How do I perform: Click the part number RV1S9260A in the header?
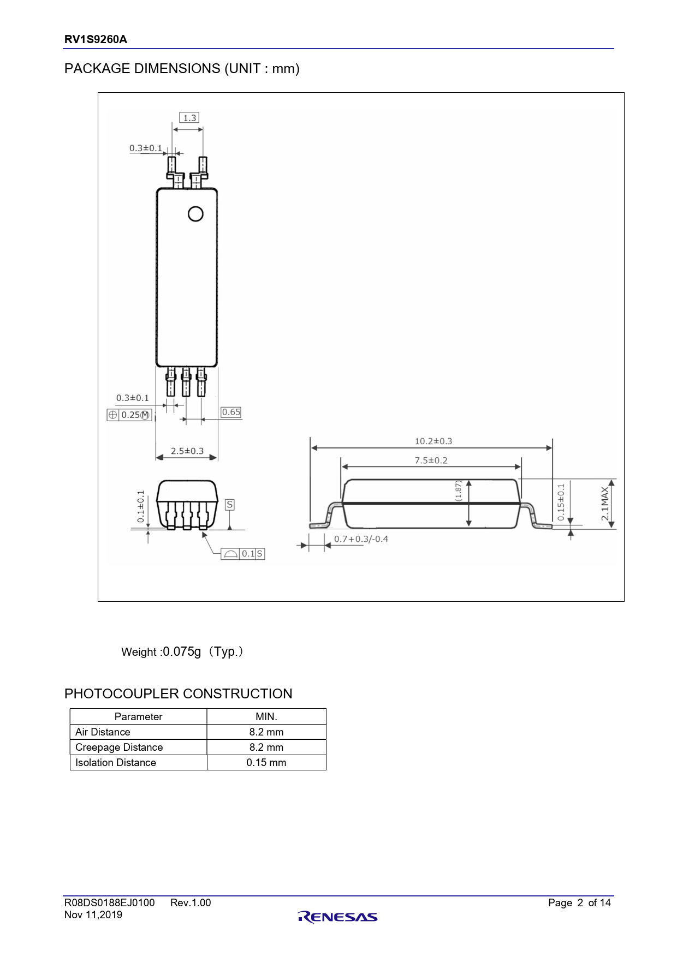pos(96,39)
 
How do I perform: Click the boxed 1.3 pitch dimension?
pos(189,118)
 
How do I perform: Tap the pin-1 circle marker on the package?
pos(195,214)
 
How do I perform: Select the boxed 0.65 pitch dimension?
pos(231,412)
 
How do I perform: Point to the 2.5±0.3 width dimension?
pos(187,451)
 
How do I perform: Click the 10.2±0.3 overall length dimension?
pos(433,441)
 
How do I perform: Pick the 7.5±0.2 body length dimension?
pos(431,460)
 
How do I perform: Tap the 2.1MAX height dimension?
pos(604,504)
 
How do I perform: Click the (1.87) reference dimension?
pos(459,491)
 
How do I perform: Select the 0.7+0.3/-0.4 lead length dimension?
pos(361,539)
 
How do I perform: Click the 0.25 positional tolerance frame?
pos(129,415)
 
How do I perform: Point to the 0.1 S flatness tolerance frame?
pos(243,554)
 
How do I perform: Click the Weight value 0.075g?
pos(182,652)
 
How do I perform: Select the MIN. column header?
pos(266,717)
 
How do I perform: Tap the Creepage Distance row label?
pos(119,747)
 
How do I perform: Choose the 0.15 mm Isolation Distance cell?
pos(266,763)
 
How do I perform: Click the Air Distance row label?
pos(103,732)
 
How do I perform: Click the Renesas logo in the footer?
pos(338,917)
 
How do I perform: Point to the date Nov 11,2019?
pos(93,915)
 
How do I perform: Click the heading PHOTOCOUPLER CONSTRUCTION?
pos(178,694)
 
